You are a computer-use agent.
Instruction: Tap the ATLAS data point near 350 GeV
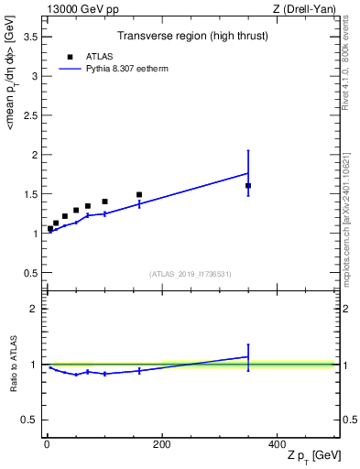pos(248,186)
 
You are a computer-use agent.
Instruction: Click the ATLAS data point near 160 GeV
pos(139,194)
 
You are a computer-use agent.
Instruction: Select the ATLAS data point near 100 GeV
pos(104,202)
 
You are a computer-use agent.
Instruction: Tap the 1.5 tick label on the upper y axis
pos(31,194)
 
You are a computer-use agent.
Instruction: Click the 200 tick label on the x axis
pos(161,443)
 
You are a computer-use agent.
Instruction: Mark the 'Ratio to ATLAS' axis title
pos(12,364)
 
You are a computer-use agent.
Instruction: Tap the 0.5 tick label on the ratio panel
pos(31,420)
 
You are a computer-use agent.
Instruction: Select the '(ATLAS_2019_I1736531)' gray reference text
pos(191,274)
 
